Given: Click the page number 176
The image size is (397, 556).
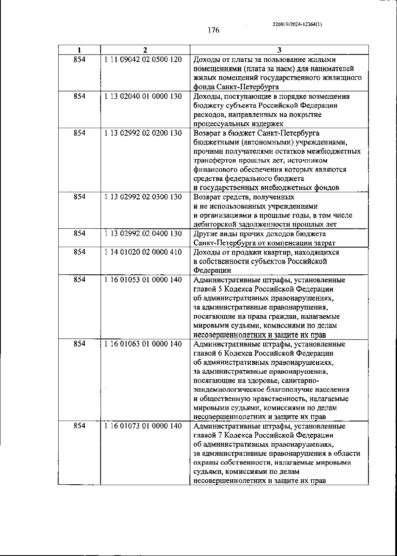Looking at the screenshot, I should pyautogui.click(x=213, y=30).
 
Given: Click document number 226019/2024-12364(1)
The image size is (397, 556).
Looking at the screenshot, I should pyautogui.click(x=297, y=24).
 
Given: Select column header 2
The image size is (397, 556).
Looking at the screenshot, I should pyautogui.click(x=145, y=50).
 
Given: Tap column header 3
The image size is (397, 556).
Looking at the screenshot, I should pyautogui.click(x=279, y=50).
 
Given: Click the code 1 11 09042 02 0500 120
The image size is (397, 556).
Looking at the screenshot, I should pyautogui.click(x=143, y=60).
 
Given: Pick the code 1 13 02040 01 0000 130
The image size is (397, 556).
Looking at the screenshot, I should pyautogui.click(x=143, y=97).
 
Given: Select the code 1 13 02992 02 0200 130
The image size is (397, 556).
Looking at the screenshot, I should pyautogui.click(x=143, y=133).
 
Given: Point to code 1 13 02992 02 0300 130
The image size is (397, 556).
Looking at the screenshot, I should pyautogui.click(x=143, y=197).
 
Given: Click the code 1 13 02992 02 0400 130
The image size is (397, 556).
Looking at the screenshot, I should pyautogui.click(x=143, y=234).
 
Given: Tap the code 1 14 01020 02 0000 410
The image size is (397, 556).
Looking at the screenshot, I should pyautogui.click(x=143, y=252).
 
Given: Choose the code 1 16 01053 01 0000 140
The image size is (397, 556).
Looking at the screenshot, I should pyautogui.click(x=143, y=280).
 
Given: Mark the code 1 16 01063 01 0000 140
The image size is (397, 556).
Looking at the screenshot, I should pyautogui.click(x=143, y=344).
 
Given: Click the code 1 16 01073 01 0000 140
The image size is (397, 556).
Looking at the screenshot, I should pyautogui.click(x=143, y=426).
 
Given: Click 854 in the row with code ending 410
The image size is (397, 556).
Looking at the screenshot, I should pyautogui.click(x=79, y=252).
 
